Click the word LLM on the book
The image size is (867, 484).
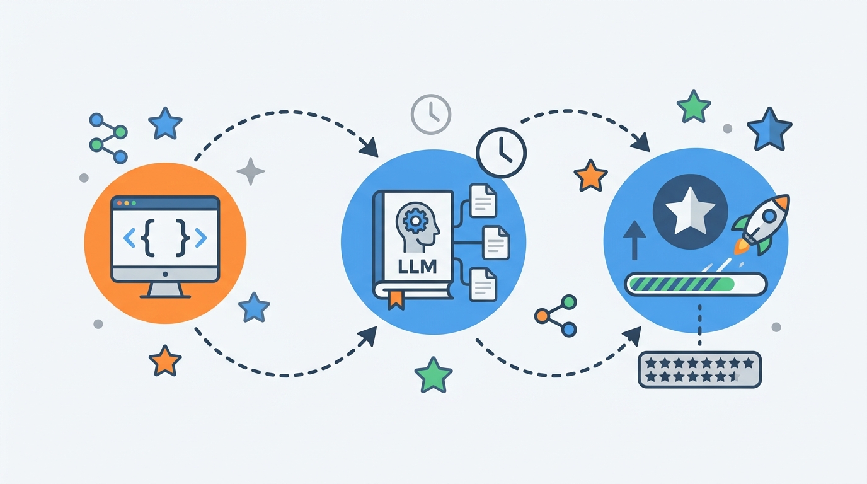coord(417,266)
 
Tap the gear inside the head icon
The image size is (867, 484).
coord(415,221)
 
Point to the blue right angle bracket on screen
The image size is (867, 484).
coord(201,238)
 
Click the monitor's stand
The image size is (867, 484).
coord(165,291)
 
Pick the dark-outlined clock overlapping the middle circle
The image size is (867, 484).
coord(502,153)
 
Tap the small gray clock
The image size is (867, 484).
coord(431,114)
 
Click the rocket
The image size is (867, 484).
coord(761,224)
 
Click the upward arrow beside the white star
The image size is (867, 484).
coord(634,240)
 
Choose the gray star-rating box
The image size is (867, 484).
coord(699,369)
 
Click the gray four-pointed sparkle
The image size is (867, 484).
coord(250,171)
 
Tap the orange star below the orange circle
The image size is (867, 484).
coord(165,361)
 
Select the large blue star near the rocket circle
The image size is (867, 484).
coord(769,130)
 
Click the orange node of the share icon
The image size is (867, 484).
coord(541,316)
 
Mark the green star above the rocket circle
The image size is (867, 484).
coord(694,107)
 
